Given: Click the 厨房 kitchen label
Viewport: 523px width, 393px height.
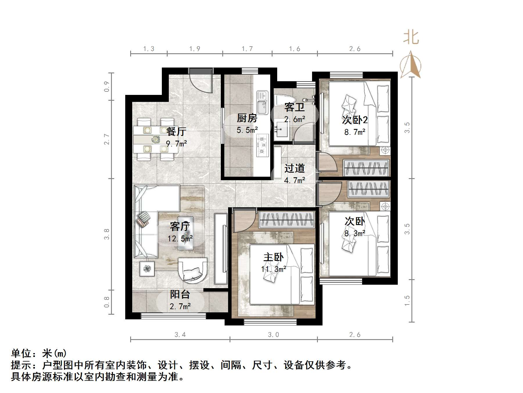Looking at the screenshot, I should (x=247, y=118).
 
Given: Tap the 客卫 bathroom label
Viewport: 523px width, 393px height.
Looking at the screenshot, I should (x=294, y=107).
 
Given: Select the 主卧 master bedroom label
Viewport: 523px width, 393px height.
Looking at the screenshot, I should (x=273, y=257).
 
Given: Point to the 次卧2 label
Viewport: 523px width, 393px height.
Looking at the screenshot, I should (x=355, y=120).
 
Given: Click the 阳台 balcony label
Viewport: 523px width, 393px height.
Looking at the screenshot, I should (x=180, y=294).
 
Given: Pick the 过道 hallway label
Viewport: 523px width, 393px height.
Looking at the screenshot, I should (x=294, y=168).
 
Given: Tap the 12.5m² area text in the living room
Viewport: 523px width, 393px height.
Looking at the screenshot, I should (x=180, y=239).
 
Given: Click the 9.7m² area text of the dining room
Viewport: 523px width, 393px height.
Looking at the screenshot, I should (x=176, y=144).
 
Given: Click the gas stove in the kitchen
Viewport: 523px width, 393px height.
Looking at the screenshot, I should (x=262, y=145).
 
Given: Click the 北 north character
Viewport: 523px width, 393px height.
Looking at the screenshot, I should (x=411, y=37).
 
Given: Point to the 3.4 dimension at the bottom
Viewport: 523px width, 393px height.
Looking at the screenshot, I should (x=180, y=335).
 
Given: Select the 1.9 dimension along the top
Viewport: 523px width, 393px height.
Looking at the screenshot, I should (x=195, y=49).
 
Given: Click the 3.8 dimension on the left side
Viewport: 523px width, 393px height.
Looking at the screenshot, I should (x=107, y=234).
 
